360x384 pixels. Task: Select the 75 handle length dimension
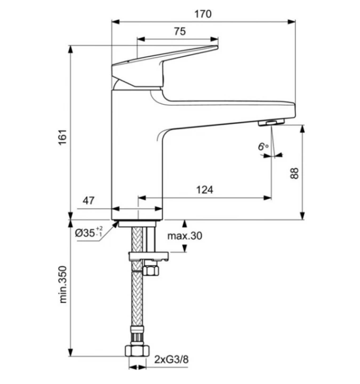(179, 31)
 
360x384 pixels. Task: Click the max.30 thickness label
(184, 236)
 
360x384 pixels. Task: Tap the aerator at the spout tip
(270, 123)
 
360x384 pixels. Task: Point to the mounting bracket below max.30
(149, 257)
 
